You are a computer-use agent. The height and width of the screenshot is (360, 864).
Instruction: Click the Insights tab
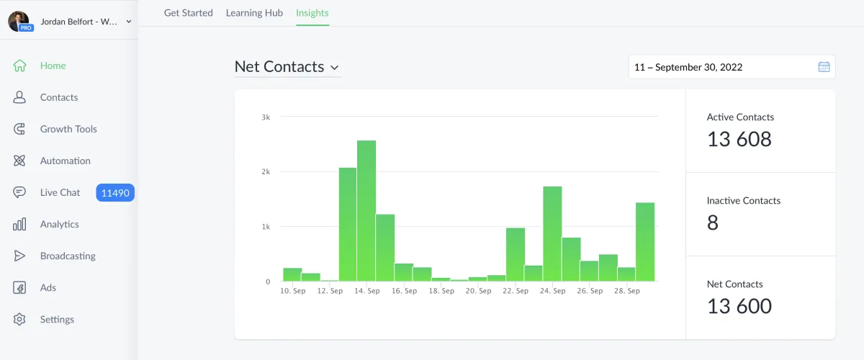[312, 13]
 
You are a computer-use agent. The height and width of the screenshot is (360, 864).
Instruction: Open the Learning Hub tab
[254, 13]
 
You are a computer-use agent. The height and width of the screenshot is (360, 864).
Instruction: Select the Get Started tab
[188, 13]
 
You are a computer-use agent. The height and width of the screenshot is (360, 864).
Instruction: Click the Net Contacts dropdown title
[287, 67]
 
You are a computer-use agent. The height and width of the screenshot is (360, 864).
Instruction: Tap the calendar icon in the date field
[824, 67]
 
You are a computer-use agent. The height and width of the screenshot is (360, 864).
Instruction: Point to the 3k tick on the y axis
[266, 117]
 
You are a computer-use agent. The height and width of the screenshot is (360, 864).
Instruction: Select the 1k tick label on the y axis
[266, 227]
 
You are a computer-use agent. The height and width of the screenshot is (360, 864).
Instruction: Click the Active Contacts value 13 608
[739, 139]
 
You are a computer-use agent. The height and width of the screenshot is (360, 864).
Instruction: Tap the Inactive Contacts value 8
[713, 222]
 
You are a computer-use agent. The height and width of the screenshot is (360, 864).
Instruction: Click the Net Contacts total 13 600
[739, 306]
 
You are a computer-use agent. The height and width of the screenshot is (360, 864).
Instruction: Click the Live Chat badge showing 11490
[115, 192]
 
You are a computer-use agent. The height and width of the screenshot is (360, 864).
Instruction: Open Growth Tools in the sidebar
[68, 129]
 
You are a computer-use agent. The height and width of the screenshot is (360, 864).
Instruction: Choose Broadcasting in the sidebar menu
[68, 256]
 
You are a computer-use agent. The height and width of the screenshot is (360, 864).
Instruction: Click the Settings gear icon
[19, 319]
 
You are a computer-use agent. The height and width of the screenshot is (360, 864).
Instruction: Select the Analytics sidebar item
[59, 224]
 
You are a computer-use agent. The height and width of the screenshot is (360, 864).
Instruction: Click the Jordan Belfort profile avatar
[18, 21]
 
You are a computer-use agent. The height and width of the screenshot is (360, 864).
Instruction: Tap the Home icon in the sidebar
[19, 66]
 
